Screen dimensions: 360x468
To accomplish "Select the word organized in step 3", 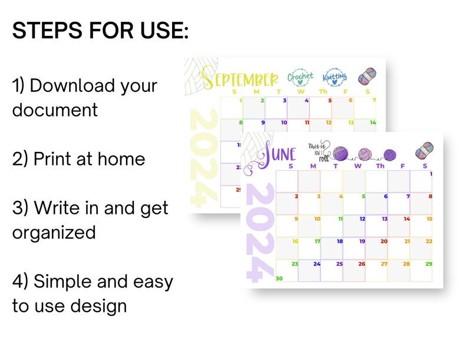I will [x=54, y=232].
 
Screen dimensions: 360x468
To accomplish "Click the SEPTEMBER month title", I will [x=240, y=78].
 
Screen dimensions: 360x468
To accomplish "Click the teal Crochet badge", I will [x=301, y=77].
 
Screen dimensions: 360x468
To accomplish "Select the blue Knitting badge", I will [x=335, y=77].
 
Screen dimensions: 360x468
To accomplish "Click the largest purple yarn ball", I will [x=341, y=153].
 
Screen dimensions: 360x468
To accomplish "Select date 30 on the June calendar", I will [x=279, y=279].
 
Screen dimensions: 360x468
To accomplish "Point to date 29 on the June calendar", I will [x=429, y=263].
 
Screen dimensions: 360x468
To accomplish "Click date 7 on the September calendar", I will [x=373, y=100].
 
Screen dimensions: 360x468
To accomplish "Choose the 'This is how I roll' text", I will [x=318, y=150].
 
